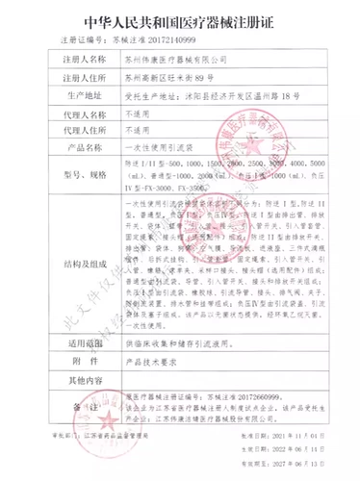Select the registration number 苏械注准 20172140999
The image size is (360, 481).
coord(149,42)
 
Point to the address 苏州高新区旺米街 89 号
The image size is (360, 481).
coord(170,77)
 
